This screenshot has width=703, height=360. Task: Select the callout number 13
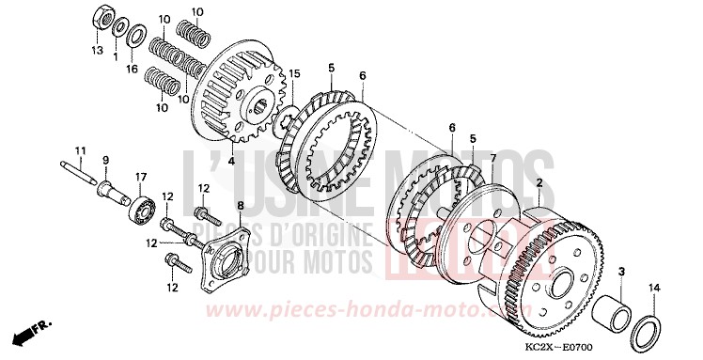tap(97, 49)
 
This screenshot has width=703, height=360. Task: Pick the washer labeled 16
tap(134, 35)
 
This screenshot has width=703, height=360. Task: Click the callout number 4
tap(230, 161)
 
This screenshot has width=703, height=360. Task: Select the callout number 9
tap(104, 160)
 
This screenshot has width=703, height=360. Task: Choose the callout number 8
tap(240, 205)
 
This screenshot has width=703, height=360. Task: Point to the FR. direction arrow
tap(31, 334)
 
